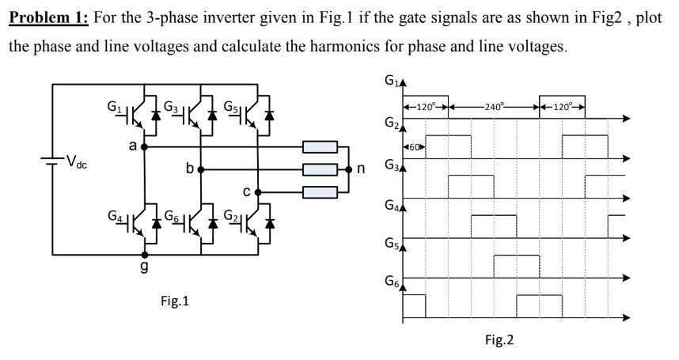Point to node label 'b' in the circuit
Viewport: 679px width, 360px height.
189,169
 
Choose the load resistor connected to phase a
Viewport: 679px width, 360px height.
320,147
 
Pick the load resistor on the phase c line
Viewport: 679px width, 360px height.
320,191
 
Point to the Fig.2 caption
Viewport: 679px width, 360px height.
499,340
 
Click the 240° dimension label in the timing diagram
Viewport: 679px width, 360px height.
493,106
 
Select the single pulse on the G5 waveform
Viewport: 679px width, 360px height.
516,266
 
